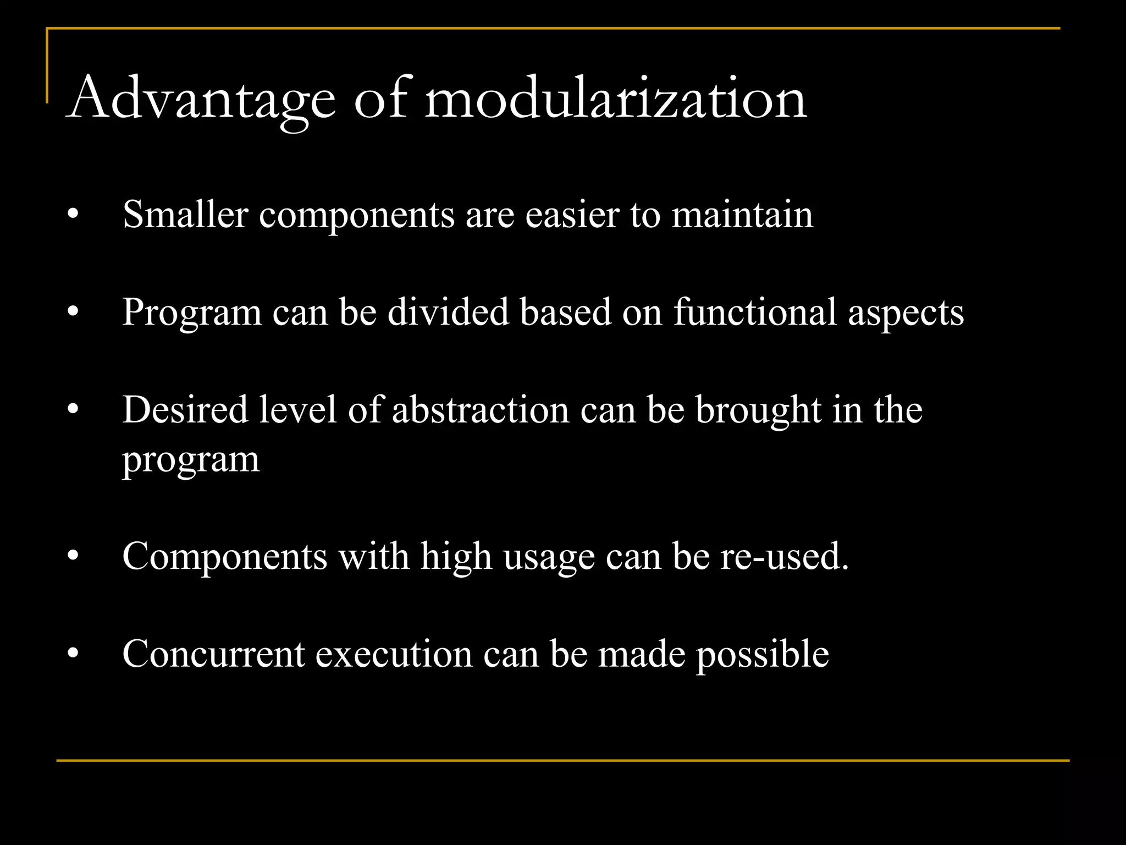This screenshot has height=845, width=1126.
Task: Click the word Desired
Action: (185, 410)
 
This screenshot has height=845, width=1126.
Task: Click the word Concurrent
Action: (213, 654)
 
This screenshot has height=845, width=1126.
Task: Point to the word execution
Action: (394, 654)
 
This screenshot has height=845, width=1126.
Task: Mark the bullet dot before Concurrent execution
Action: (73, 654)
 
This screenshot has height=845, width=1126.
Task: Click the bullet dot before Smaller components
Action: (73, 215)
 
